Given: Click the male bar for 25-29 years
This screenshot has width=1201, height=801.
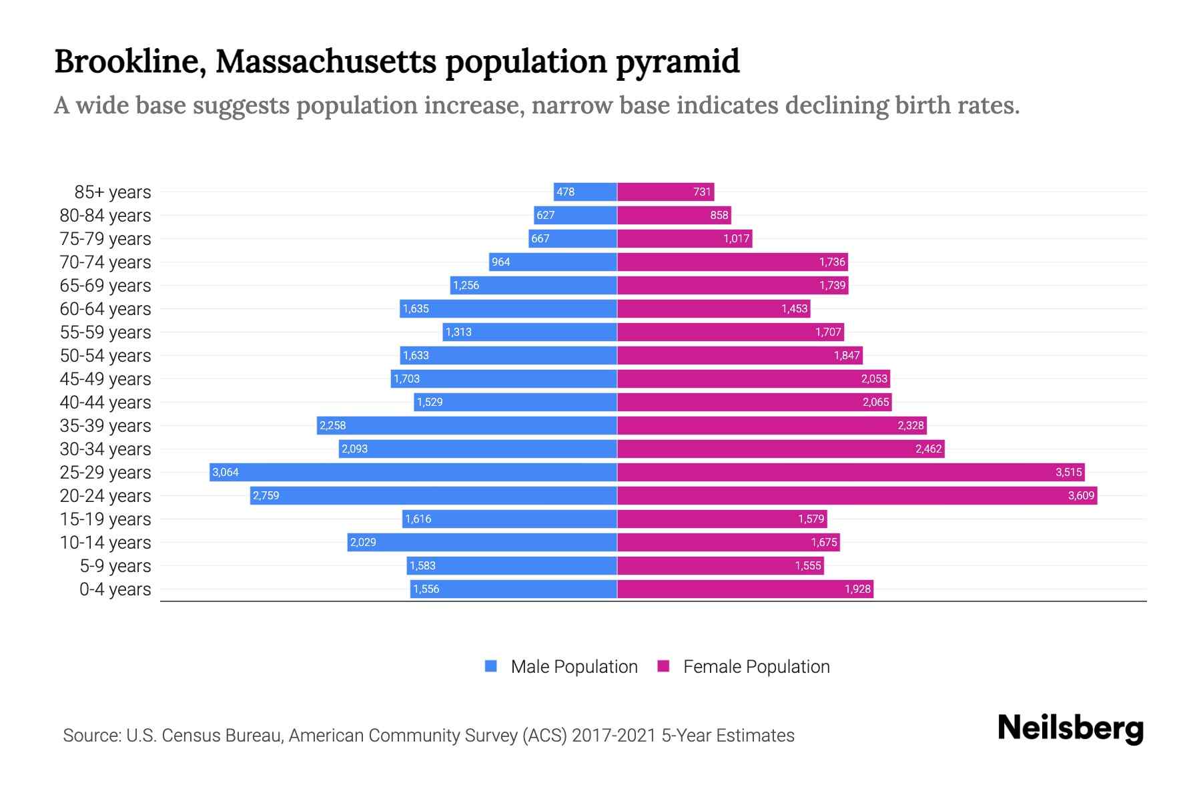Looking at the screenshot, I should [x=414, y=472].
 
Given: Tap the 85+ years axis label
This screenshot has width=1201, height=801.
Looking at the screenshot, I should [x=113, y=192].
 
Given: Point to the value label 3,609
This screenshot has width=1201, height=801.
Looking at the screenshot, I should [x=1081, y=495].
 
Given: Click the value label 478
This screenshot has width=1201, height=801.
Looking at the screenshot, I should [x=565, y=192].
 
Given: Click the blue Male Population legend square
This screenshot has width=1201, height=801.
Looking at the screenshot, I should [x=491, y=666].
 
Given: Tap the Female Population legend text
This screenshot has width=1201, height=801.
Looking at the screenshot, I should [x=757, y=667].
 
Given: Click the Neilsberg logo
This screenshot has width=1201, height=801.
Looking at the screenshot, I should [x=1070, y=728].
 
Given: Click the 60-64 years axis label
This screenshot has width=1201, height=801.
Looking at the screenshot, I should [x=105, y=309].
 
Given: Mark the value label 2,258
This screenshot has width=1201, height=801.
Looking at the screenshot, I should [x=333, y=425].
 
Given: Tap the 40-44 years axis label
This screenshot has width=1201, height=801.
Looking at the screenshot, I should [x=105, y=403].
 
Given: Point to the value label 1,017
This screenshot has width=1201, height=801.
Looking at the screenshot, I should [x=737, y=238].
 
